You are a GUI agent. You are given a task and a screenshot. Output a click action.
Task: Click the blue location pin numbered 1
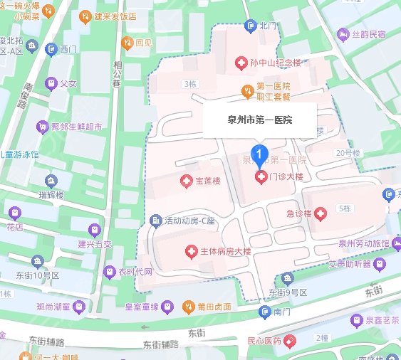261,152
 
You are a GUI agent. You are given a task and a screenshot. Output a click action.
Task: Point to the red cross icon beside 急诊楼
321,213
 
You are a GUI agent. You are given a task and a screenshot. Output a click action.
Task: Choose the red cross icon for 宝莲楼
187,181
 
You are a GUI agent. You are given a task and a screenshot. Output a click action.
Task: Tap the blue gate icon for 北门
249,26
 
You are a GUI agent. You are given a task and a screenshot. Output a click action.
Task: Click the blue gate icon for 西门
51,49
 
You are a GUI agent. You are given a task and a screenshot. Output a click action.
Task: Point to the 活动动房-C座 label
189,220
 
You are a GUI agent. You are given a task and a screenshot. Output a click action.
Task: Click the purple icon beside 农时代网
109,272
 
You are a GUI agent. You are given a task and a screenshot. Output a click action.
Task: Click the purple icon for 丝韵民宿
343,33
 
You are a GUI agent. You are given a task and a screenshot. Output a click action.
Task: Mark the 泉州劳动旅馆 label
363,243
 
